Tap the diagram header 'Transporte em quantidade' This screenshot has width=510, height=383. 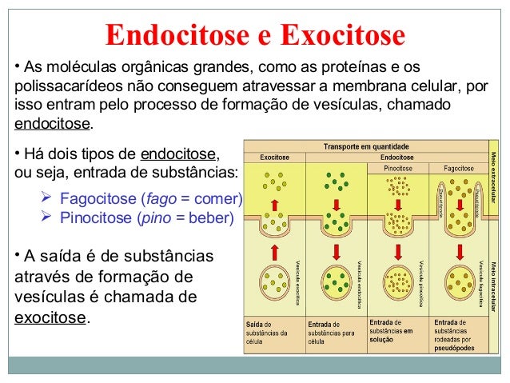click(x=365, y=147)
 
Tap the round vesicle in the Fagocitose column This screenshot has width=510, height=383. click(x=460, y=281)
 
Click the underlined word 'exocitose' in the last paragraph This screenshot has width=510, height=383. click(x=50, y=318)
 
